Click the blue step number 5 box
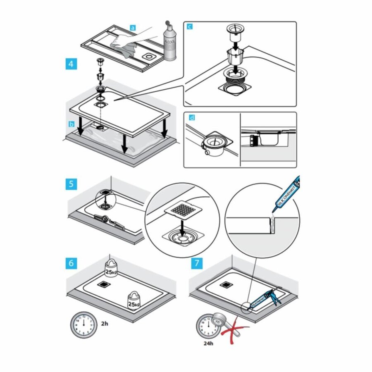[x=72, y=184]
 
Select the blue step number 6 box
[x=72, y=262]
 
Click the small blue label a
[x=133, y=28]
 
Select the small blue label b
[x=72, y=124]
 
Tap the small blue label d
[x=190, y=118]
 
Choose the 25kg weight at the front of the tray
[x=133, y=300]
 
